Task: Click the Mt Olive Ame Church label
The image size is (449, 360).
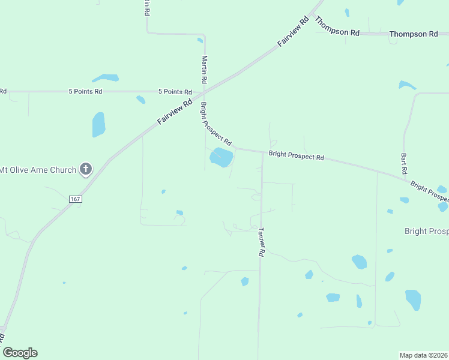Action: (x=38, y=170)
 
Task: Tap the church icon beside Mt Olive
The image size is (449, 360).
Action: (x=86, y=169)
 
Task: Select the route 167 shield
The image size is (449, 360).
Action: (x=75, y=199)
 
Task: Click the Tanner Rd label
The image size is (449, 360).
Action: (x=261, y=242)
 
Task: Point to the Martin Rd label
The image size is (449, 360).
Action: (x=205, y=69)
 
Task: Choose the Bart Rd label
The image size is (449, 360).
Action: (x=403, y=163)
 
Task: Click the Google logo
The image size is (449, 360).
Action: (x=20, y=353)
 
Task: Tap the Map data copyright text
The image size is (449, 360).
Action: (x=424, y=355)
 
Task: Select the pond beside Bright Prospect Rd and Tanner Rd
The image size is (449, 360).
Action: (x=221, y=158)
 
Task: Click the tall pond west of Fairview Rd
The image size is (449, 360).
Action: (x=98, y=125)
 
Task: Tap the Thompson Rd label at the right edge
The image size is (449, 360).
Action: (x=414, y=34)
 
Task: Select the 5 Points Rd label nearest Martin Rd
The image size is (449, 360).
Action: (x=175, y=92)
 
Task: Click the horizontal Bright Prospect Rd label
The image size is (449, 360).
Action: (x=296, y=155)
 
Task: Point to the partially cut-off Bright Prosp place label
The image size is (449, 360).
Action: (x=426, y=231)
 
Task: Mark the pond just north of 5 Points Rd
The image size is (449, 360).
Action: (x=106, y=78)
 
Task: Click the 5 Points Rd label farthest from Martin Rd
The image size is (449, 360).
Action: (x=85, y=92)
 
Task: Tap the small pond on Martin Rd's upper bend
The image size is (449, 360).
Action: (x=200, y=41)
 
